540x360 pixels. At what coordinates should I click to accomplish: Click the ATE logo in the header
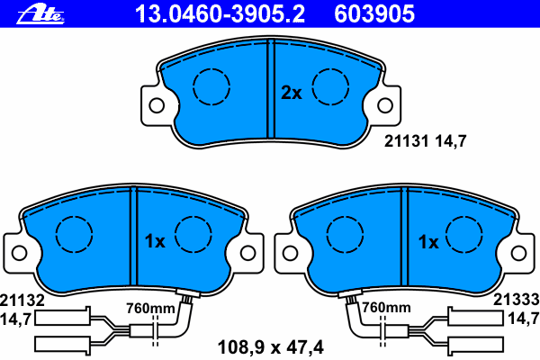(x=40, y=14)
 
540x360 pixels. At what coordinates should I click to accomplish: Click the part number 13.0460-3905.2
(x=220, y=14)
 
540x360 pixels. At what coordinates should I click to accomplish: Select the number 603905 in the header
(x=374, y=14)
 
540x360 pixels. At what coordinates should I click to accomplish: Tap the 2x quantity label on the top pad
(x=292, y=93)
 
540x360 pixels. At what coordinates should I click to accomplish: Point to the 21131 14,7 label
(x=426, y=141)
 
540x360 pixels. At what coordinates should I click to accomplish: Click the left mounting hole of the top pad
(x=157, y=105)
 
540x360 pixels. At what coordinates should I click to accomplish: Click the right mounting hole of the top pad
(x=385, y=105)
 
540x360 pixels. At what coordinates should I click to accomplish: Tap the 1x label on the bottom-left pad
(x=155, y=241)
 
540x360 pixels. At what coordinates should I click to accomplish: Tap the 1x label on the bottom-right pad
(x=428, y=242)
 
